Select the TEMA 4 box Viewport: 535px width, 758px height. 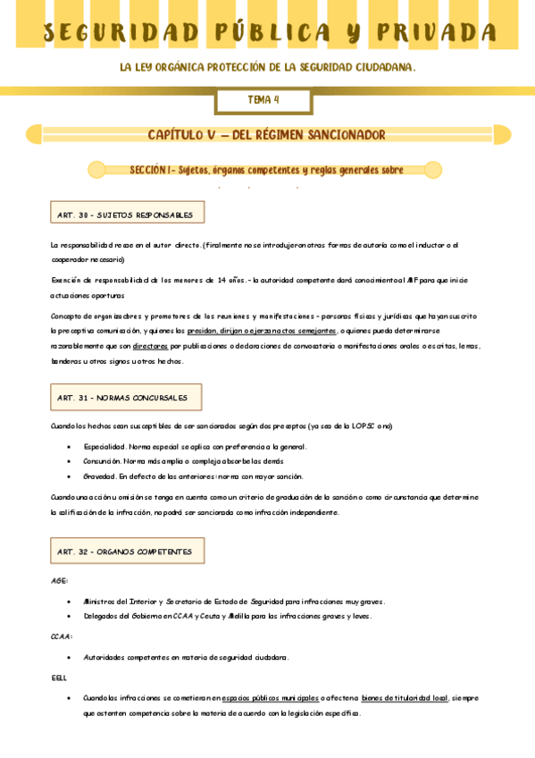(263, 100)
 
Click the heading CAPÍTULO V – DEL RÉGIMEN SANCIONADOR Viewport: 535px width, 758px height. (266, 135)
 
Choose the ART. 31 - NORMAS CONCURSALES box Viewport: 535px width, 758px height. (126, 397)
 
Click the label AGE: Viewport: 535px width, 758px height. (59, 580)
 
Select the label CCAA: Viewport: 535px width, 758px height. (62, 636)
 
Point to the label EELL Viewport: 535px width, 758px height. (59, 678)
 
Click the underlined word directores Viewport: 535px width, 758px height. (150, 345)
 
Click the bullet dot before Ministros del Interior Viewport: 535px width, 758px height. (69, 602)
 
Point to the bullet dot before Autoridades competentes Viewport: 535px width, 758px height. (69, 657)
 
